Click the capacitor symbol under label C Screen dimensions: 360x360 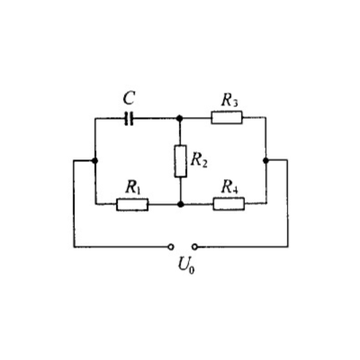129,119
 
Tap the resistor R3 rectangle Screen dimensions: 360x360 227,117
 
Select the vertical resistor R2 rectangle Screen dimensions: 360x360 180,161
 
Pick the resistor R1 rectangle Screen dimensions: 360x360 132,204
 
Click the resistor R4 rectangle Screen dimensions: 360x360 229,204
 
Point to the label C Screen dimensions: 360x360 129,98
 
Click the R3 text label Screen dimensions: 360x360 229,101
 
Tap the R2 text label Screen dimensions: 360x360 199,160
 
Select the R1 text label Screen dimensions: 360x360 133,187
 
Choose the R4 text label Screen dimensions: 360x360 229,187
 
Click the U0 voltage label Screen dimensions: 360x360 186,265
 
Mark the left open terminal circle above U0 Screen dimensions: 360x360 171,247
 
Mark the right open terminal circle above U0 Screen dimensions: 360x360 195,247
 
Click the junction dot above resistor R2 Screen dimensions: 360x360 180,118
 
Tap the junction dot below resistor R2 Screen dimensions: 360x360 180,204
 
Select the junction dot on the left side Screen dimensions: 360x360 95,161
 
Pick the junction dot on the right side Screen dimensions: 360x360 265,160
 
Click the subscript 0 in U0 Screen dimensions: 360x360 192,269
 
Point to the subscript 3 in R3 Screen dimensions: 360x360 236,103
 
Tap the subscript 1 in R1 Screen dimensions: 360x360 139,191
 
